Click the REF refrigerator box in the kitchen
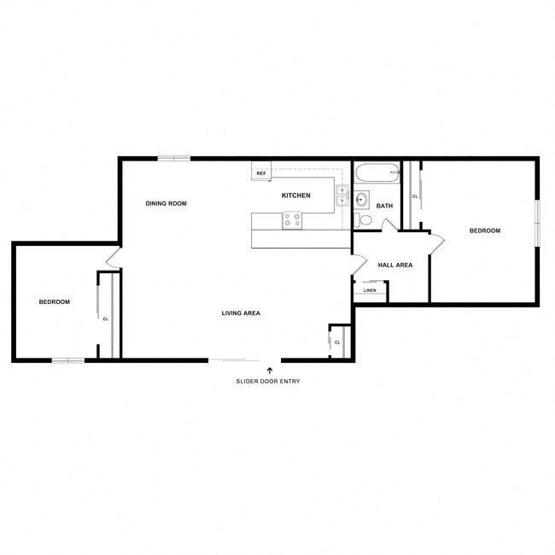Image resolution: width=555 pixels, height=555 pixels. pyautogui.click(x=261, y=173)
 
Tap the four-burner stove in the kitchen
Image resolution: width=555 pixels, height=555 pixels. pyautogui.click(x=292, y=219)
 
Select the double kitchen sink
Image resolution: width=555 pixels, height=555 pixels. pyautogui.click(x=341, y=196)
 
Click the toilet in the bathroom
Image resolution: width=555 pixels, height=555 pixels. pyautogui.click(x=365, y=220)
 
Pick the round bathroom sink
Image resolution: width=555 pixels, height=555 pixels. pyautogui.click(x=361, y=202)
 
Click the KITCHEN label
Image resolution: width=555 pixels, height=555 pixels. pyautogui.click(x=296, y=196)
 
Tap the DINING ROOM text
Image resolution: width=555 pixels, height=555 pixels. pyautogui.click(x=166, y=203)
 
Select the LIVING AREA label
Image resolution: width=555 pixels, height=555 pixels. pyautogui.click(x=241, y=313)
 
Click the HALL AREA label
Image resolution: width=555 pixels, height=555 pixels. pyautogui.click(x=395, y=265)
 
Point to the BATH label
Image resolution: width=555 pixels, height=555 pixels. pyautogui.click(x=384, y=206)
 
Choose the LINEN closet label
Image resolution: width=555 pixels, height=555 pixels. pyautogui.click(x=370, y=290)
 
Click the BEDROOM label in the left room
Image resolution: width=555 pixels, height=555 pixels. pyautogui.click(x=55, y=301)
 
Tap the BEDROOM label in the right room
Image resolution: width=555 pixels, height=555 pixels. pyautogui.click(x=485, y=231)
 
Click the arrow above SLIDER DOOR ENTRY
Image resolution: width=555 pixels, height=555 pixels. pyautogui.click(x=270, y=370)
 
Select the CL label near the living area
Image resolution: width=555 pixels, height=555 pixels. pyautogui.click(x=337, y=342)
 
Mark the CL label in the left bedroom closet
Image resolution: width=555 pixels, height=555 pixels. pyautogui.click(x=105, y=319)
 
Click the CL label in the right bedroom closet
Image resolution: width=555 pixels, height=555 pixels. pyautogui.click(x=415, y=196)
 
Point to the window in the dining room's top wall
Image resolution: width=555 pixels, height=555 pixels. pyautogui.click(x=174, y=158)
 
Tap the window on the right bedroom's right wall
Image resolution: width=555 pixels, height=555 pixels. pyautogui.click(x=538, y=224)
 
